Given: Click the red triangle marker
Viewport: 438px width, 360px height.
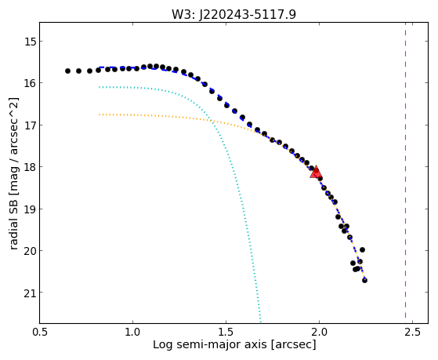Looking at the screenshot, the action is pyautogui.click(x=316, y=172).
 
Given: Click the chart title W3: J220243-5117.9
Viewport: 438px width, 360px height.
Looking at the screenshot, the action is pyautogui.click(x=233, y=14).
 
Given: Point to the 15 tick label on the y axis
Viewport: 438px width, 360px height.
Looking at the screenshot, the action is pyautogui.click(x=29, y=42).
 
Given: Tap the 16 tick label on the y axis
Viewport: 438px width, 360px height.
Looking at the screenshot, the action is pyautogui.click(x=29, y=83).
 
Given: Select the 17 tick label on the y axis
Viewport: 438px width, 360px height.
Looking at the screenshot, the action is pyautogui.click(x=29, y=125).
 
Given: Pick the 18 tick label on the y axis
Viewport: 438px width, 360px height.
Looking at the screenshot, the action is pyautogui.click(x=29, y=167).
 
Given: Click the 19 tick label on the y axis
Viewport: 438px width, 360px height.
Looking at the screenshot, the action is pyautogui.click(x=29, y=209).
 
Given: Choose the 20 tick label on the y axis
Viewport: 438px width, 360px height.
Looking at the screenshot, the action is pyautogui.click(x=29, y=251).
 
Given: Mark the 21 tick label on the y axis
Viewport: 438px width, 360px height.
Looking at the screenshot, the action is pyautogui.click(x=29, y=293).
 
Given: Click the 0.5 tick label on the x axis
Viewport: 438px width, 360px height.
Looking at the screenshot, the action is pyautogui.click(x=40, y=333).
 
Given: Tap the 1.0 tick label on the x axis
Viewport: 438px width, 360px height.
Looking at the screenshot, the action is pyautogui.click(x=132, y=333).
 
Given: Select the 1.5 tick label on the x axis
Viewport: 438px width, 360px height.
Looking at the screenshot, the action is pyautogui.click(x=226, y=333).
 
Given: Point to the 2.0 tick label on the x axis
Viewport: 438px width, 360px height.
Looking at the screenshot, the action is pyautogui.click(x=319, y=333).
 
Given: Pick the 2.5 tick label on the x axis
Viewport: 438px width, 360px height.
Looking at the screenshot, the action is pyautogui.click(x=412, y=333).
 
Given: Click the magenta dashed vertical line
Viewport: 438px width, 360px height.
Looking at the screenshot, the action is pyautogui.click(x=405, y=173).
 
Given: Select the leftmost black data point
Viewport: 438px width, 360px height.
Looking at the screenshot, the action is pyautogui.click(x=67, y=71).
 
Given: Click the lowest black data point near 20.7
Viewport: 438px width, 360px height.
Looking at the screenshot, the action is pyautogui.click(x=364, y=280).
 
